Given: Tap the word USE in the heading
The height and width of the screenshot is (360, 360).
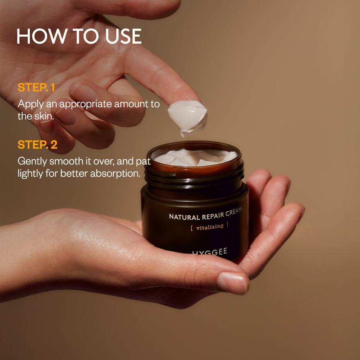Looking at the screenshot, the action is pos(123,36).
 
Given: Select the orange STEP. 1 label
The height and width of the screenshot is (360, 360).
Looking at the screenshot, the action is pos(36,87).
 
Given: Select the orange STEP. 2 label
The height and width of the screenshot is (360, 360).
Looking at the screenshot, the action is pos(37,145).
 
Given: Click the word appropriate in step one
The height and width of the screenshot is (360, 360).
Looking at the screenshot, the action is pos(85,105).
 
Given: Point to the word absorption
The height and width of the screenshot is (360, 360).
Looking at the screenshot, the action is pos(115,174).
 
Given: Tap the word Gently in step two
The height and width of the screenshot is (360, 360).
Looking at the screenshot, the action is pos(32,162).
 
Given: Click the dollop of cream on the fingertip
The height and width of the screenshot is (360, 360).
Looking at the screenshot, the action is pos(188,118).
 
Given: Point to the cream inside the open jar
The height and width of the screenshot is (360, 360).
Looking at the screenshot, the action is pos(195,157).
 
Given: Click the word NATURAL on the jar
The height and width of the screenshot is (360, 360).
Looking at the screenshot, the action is pos(184,217).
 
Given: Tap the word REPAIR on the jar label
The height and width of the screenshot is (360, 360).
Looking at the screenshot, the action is pos(213,215).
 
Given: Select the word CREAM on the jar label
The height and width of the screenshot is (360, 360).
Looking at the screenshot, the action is pos(234,211).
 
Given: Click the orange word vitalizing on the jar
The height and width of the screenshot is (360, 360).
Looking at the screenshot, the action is pos(210,227).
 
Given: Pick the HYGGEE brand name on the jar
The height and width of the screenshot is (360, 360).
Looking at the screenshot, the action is pos(210,252).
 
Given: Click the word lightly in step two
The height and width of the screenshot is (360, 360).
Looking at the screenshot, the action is pos(30,174).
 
